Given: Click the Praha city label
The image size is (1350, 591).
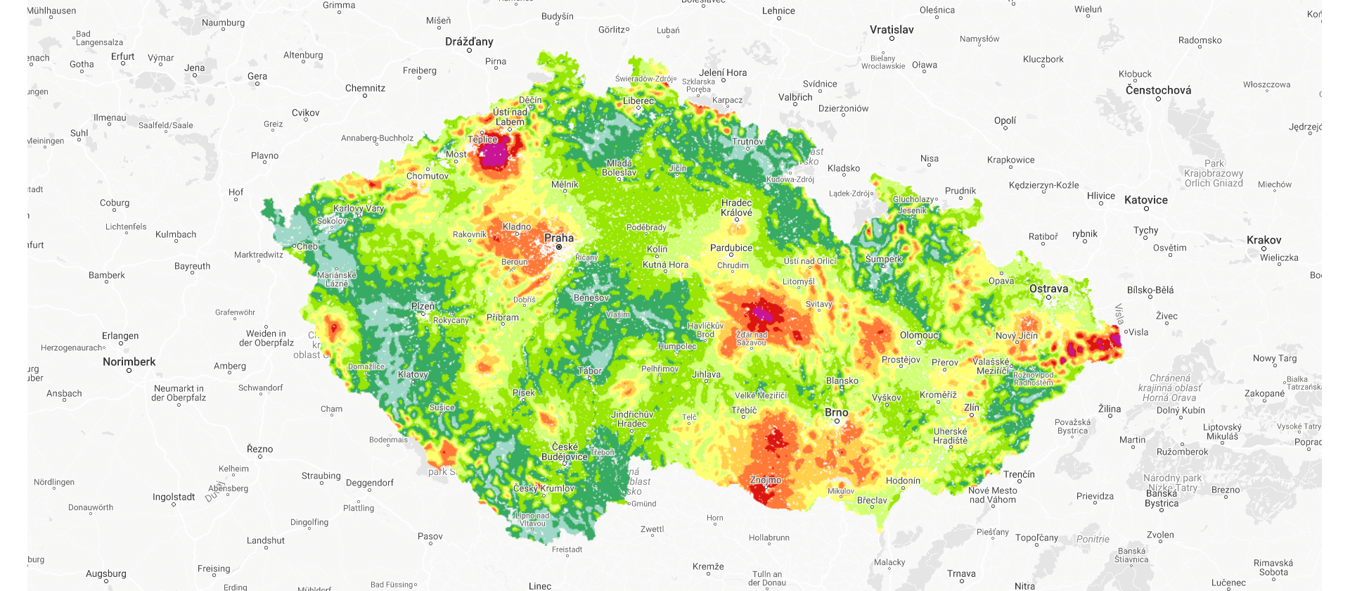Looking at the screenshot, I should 559,238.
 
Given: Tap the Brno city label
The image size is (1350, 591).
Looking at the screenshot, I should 836,412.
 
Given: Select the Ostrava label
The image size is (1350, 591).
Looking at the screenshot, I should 1048,288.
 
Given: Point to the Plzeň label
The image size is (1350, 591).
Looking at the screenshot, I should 423,306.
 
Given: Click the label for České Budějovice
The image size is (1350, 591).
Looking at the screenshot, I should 565,452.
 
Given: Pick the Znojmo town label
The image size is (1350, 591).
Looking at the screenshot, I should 766,480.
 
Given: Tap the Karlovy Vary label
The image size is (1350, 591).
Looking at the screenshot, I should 359,208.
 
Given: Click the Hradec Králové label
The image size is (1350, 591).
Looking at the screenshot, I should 736,208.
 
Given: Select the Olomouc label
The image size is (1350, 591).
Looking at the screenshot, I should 919,335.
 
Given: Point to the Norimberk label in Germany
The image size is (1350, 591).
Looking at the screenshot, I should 129,362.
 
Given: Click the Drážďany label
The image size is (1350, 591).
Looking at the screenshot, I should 469,42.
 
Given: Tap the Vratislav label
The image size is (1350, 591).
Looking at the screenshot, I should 892,30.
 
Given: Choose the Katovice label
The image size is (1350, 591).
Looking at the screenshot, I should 1145,200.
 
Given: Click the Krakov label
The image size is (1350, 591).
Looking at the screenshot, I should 1264,240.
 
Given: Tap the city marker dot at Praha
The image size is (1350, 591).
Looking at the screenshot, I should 559,247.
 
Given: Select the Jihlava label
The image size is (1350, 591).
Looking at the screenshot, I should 706,374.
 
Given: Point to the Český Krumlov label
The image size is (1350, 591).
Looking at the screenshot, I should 544,488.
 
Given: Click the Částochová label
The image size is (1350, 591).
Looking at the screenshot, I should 1158,90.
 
